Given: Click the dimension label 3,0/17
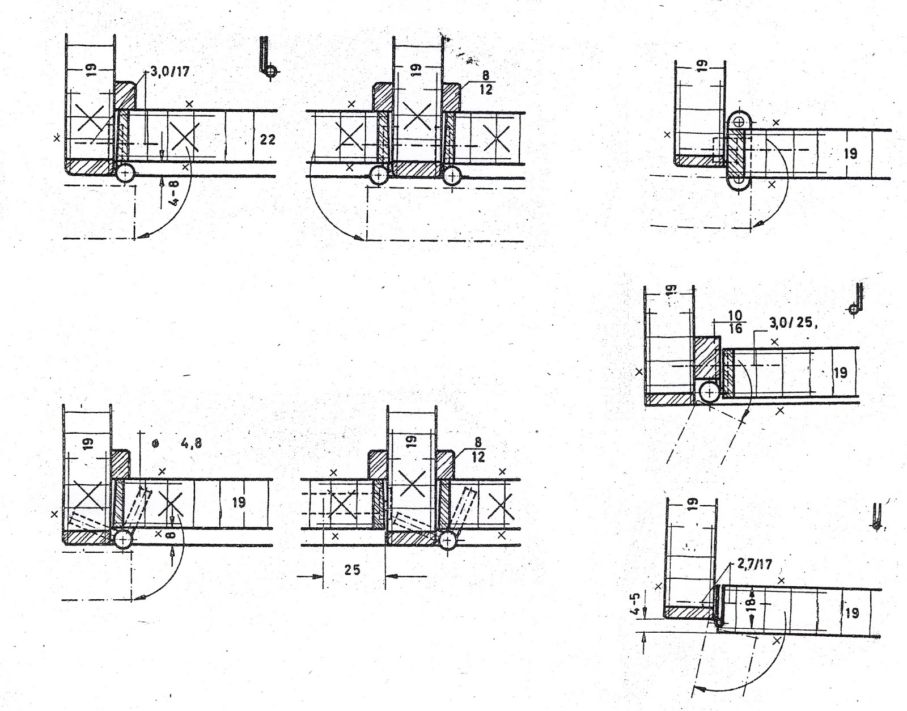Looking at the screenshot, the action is coord(169,73).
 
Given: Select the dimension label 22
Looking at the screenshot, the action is coord(267,138).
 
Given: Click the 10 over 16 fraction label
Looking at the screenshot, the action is coord(735,321).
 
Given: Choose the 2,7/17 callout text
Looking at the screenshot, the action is coord(754,565).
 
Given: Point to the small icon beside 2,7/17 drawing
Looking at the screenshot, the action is coord(876,516).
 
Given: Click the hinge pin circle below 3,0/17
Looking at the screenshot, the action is coord(124,173).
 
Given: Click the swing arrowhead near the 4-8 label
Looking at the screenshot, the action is coord(146,235).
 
